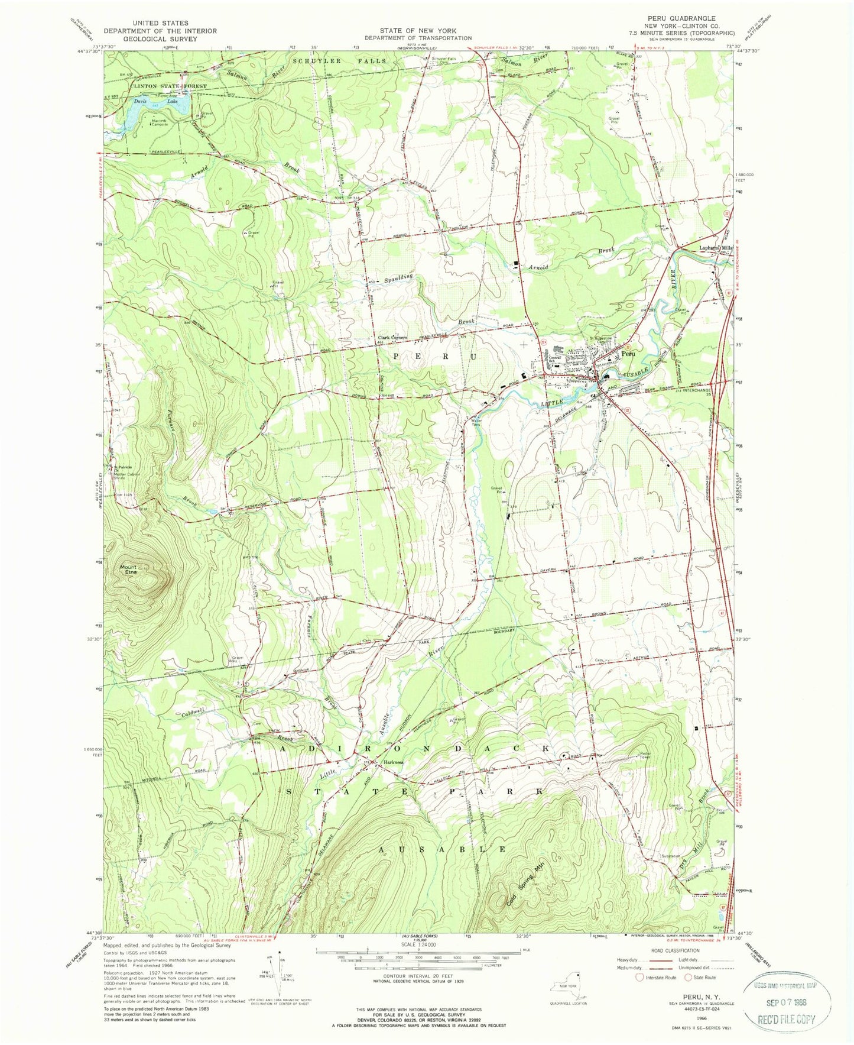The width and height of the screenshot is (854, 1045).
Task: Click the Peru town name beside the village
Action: tap(628, 354)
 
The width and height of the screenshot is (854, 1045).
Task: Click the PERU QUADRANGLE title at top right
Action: tap(681, 18)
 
